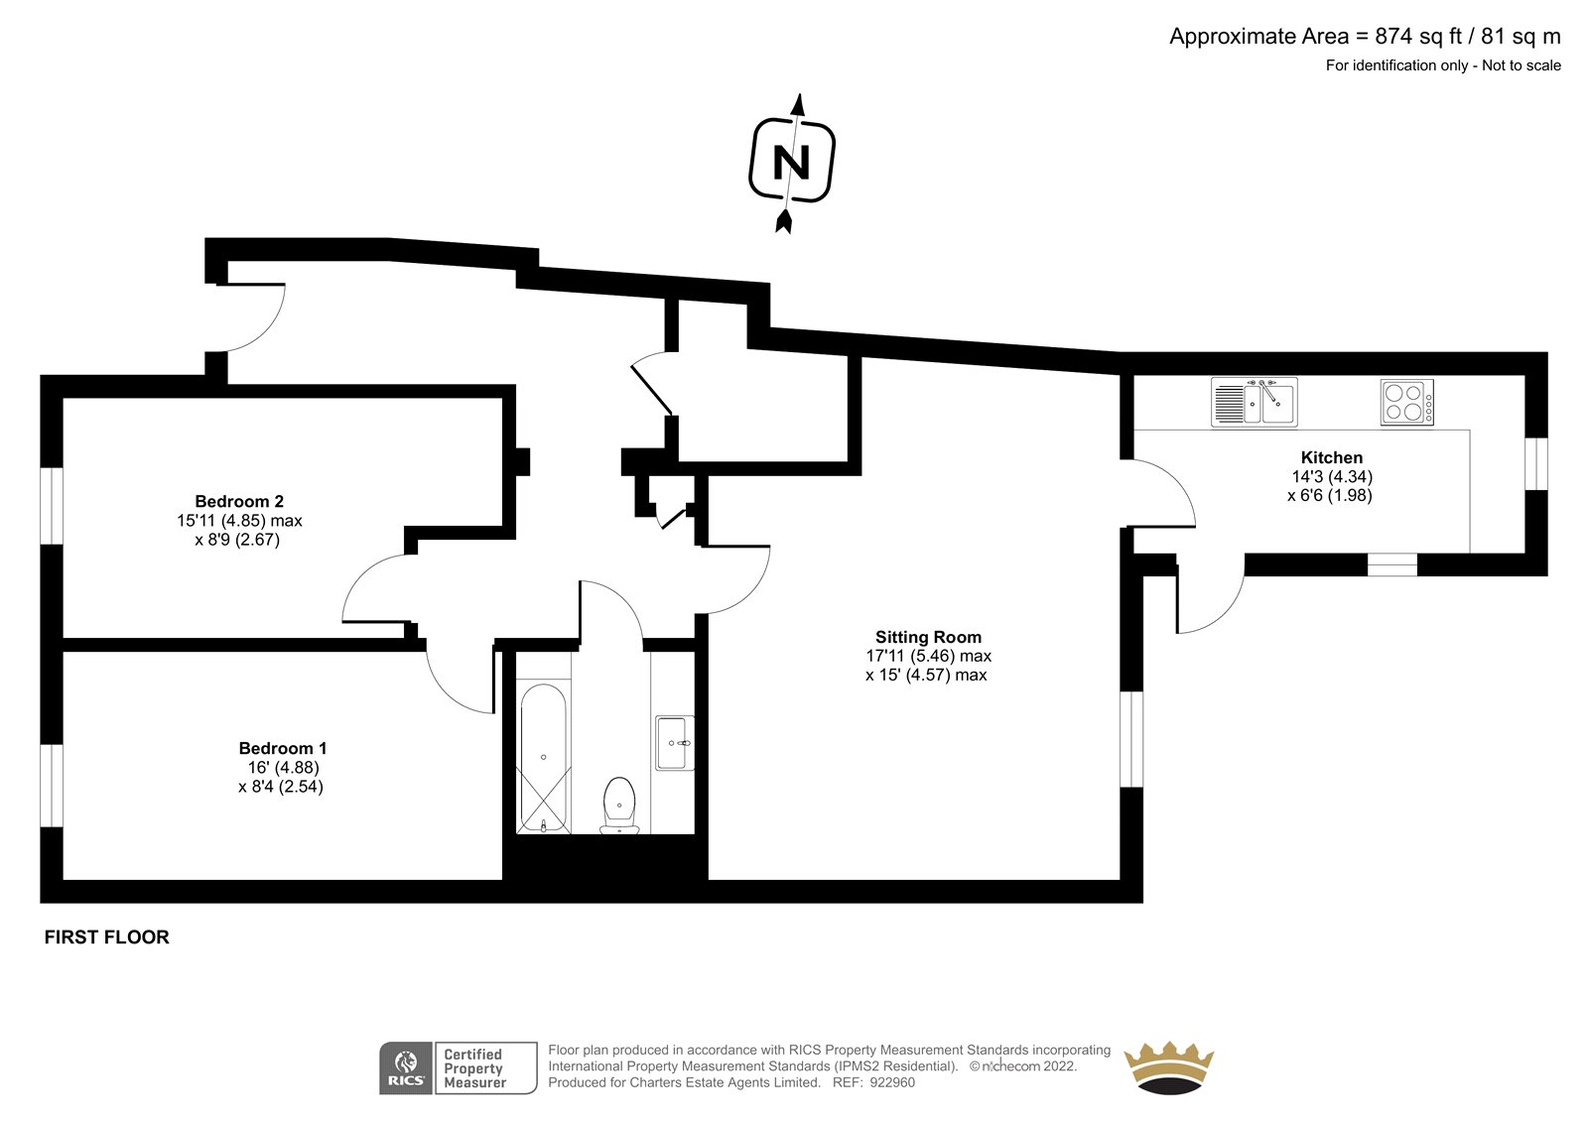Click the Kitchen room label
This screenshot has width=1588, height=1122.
click(1331, 458)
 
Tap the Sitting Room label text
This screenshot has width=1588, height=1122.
click(928, 637)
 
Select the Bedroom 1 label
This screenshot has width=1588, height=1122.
click(283, 748)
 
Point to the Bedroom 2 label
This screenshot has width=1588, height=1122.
click(239, 502)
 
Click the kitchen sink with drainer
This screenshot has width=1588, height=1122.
click(1255, 402)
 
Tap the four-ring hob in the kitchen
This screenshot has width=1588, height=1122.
click(1407, 403)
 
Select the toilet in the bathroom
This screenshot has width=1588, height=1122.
click(619, 806)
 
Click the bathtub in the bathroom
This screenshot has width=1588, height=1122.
click(544, 758)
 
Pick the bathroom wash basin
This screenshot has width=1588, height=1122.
click(674, 743)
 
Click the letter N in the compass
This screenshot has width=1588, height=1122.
click(791, 163)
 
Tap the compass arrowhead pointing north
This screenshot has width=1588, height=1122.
click(799, 104)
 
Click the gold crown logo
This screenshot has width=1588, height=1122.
click(1168, 1067)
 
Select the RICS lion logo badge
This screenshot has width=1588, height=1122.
click(406, 1068)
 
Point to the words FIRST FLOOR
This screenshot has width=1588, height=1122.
click(107, 937)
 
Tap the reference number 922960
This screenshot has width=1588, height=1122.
click(892, 1082)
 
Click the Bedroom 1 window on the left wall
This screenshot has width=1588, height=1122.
click(52, 786)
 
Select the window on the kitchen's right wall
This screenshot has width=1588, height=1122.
click(1536, 463)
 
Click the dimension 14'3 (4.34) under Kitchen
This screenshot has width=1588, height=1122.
click(1332, 477)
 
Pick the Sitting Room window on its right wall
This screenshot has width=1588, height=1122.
click(1131, 739)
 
